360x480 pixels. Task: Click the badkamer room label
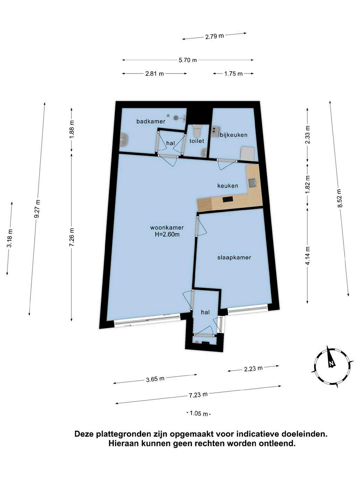tap(151, 121)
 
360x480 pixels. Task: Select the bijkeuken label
tap(234, 135)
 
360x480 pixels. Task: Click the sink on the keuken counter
tap(252, 183)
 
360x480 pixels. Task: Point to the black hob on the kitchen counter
tap(228, 199)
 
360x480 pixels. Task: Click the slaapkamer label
tap(234, 257)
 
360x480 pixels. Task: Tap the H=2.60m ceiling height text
tap(167, 234)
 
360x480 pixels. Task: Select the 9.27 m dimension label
tap(37, 208)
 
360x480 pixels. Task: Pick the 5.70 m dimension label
tap(188, 60)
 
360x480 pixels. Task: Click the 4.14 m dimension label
tap(308, 256)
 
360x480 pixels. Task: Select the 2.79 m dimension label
tap(214, 36)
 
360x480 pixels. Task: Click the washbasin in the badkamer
tap(124, 139)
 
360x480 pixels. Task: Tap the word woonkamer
tap(167, 228)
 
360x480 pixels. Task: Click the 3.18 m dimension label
tap(10, 238)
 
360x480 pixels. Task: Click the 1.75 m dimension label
tap(233, 74)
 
